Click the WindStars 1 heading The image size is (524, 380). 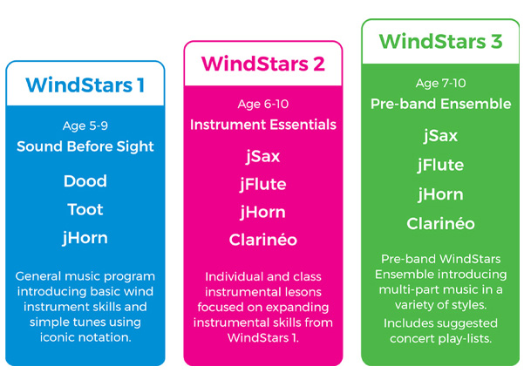pos(85,85)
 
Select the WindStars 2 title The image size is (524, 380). pos(263,64)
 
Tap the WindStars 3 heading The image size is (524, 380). pos(441,41)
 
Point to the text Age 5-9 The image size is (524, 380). pos(85,126)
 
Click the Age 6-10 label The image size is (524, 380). pos(263,105)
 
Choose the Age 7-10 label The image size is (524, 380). pos(441,83)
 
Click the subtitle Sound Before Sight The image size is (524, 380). pos(85,146)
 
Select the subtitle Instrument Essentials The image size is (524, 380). pos(263,125)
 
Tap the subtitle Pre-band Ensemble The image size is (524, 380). pos(441,104)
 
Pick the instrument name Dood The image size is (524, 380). pos(85,181)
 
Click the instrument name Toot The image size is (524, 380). pos(85,209)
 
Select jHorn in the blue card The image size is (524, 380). pos(85,238)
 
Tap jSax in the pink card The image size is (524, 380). pos(263,156)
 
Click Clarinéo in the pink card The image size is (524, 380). pos(263,240)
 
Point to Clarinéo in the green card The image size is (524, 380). pos(441,223)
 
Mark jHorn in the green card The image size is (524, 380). pos(441,194)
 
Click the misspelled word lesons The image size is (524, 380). pos(301,292)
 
